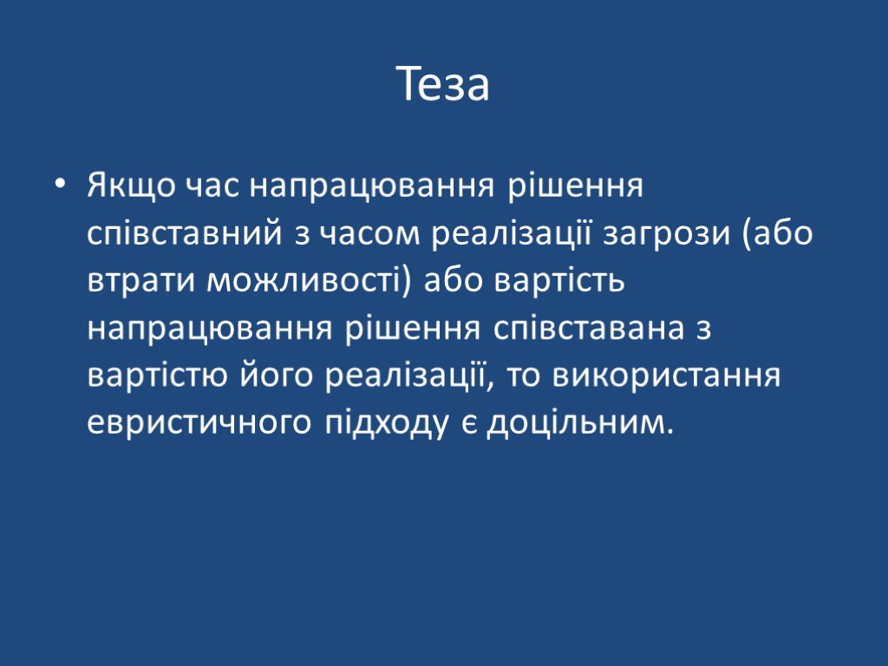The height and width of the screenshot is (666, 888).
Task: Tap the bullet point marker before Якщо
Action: (x=58, y=186)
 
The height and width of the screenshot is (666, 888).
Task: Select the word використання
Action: (x=668, y=377)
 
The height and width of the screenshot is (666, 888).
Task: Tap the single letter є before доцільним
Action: (x=468, y=425)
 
